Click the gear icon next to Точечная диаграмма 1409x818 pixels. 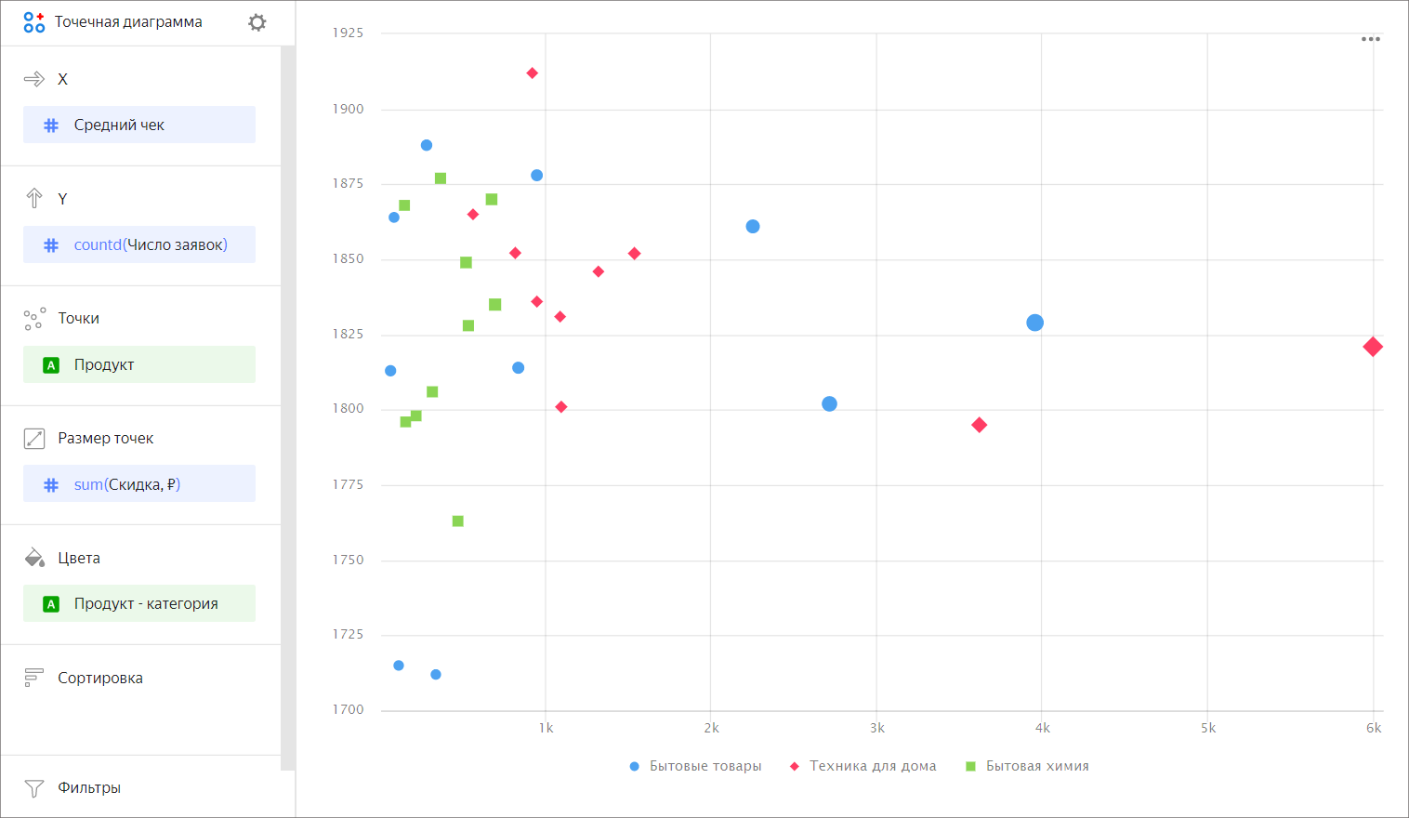(257, 22)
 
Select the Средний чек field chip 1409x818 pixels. (139, 125)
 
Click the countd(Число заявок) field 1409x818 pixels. (139, 244)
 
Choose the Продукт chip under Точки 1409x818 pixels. (139, 364)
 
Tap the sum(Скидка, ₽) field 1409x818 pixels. (139, 484)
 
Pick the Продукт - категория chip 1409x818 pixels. (139, 603)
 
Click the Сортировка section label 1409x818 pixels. (100, 678)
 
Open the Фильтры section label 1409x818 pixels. (89, 787)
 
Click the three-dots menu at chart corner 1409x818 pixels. (1370, 39)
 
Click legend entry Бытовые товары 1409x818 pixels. (704, 766)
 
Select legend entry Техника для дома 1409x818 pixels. (872, 766)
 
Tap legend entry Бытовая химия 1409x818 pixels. (1036, 766)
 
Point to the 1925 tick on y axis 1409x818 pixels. (349, 33)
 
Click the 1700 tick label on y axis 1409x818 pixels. (349, 709)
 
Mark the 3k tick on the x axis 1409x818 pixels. (876, 728)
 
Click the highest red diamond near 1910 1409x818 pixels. (533, 73)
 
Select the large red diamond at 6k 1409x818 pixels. (1373, 347)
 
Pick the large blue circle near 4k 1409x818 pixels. (1034, 323)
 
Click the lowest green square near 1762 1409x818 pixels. (457, 521)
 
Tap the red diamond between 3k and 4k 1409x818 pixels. (979, 425)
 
